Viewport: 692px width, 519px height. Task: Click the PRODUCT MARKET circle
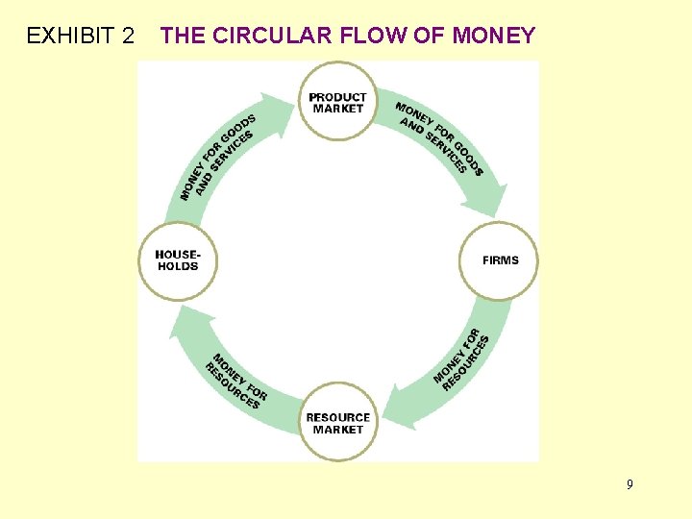(x=337, y=102)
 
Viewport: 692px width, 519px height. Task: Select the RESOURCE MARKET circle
(x=337, y=423)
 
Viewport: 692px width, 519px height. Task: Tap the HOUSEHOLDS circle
(x=178, y=260)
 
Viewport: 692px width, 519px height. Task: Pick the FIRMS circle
(x=500, y=260)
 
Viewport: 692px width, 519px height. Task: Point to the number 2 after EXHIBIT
(x=128, y=37)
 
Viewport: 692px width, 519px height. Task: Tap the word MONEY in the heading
(x=493, y=37)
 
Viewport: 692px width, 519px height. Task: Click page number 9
(x=630, y=484)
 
